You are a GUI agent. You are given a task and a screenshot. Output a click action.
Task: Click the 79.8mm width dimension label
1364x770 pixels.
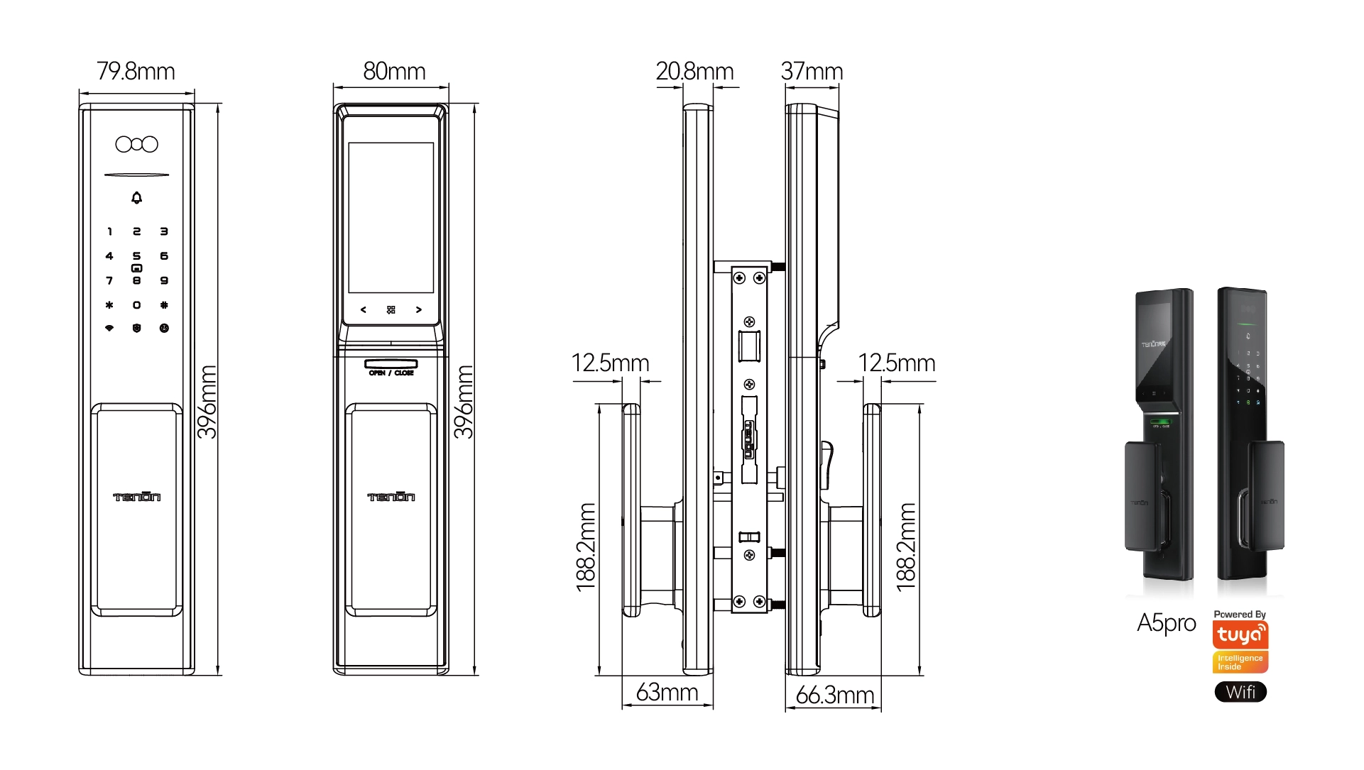point(136,72)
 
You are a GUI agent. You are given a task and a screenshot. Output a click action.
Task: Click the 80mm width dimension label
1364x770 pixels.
point(394,72)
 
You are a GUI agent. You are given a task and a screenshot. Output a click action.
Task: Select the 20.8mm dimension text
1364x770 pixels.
point(694,72)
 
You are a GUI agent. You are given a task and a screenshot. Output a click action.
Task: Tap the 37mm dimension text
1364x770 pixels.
point(812,72)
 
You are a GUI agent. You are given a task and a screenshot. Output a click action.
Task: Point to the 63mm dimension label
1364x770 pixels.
point(667,693)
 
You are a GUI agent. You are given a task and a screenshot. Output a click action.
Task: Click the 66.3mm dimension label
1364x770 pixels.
point(834,695)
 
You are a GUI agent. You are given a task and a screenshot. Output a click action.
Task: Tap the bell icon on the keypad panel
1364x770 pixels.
point(137,198)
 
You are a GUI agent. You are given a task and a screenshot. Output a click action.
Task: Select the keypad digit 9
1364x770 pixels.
point(164,281)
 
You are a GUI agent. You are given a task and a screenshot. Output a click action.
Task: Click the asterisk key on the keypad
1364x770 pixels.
point(109,305)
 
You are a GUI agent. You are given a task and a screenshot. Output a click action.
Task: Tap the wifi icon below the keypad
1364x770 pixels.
point(109,329)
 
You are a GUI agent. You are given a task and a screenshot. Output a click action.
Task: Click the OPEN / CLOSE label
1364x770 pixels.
point(391,373)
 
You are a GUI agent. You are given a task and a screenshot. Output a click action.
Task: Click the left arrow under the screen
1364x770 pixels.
point(364,310)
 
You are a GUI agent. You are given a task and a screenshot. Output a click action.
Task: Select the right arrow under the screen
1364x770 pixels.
point(419,310)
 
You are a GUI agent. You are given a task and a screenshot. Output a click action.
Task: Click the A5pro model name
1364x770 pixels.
point(1166,623)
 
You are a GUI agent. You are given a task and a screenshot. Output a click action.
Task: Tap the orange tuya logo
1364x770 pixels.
point(1240,634)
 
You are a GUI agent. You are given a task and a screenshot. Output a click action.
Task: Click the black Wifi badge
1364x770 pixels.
point(1240,692)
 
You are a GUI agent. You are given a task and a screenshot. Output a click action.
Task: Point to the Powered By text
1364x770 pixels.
point(1240,615)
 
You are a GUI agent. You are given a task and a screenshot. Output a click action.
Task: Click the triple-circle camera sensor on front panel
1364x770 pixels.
point(137,145)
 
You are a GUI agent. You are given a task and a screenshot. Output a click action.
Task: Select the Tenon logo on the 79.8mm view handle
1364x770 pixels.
point(137,497)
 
